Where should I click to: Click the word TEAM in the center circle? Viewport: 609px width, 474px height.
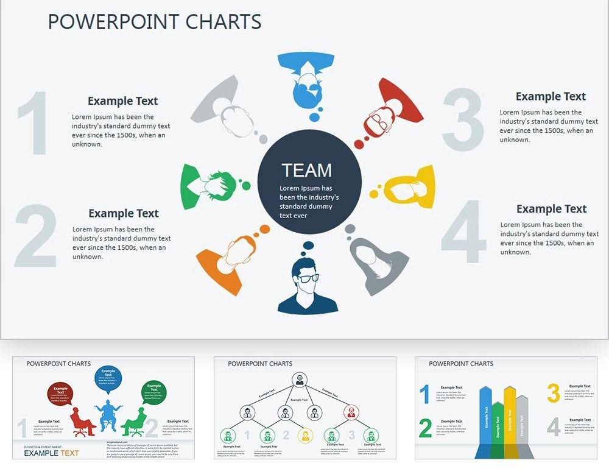pyautogui.click(x=306, y=170)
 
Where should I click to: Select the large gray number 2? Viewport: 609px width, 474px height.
pyautogui.click(x=35, y=236)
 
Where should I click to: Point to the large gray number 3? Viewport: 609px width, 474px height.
pyautogui.click(x=463, y=120)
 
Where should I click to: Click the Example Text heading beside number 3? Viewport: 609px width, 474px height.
pyautogui.click(x=551, y=96)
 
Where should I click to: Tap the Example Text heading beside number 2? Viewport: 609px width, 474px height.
pyautogui.click(x=124, y=213)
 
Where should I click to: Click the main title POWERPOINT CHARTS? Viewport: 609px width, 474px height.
pyautogui.click(x=155, y=22)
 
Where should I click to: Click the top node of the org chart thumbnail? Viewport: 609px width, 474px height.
pyautogui.click(x=300, y=380)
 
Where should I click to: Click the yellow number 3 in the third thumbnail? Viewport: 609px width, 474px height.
pyautogui.click(x=553, y=394)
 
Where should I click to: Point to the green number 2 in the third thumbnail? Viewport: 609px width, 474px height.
pyautogui.click(x=425, y=428)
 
